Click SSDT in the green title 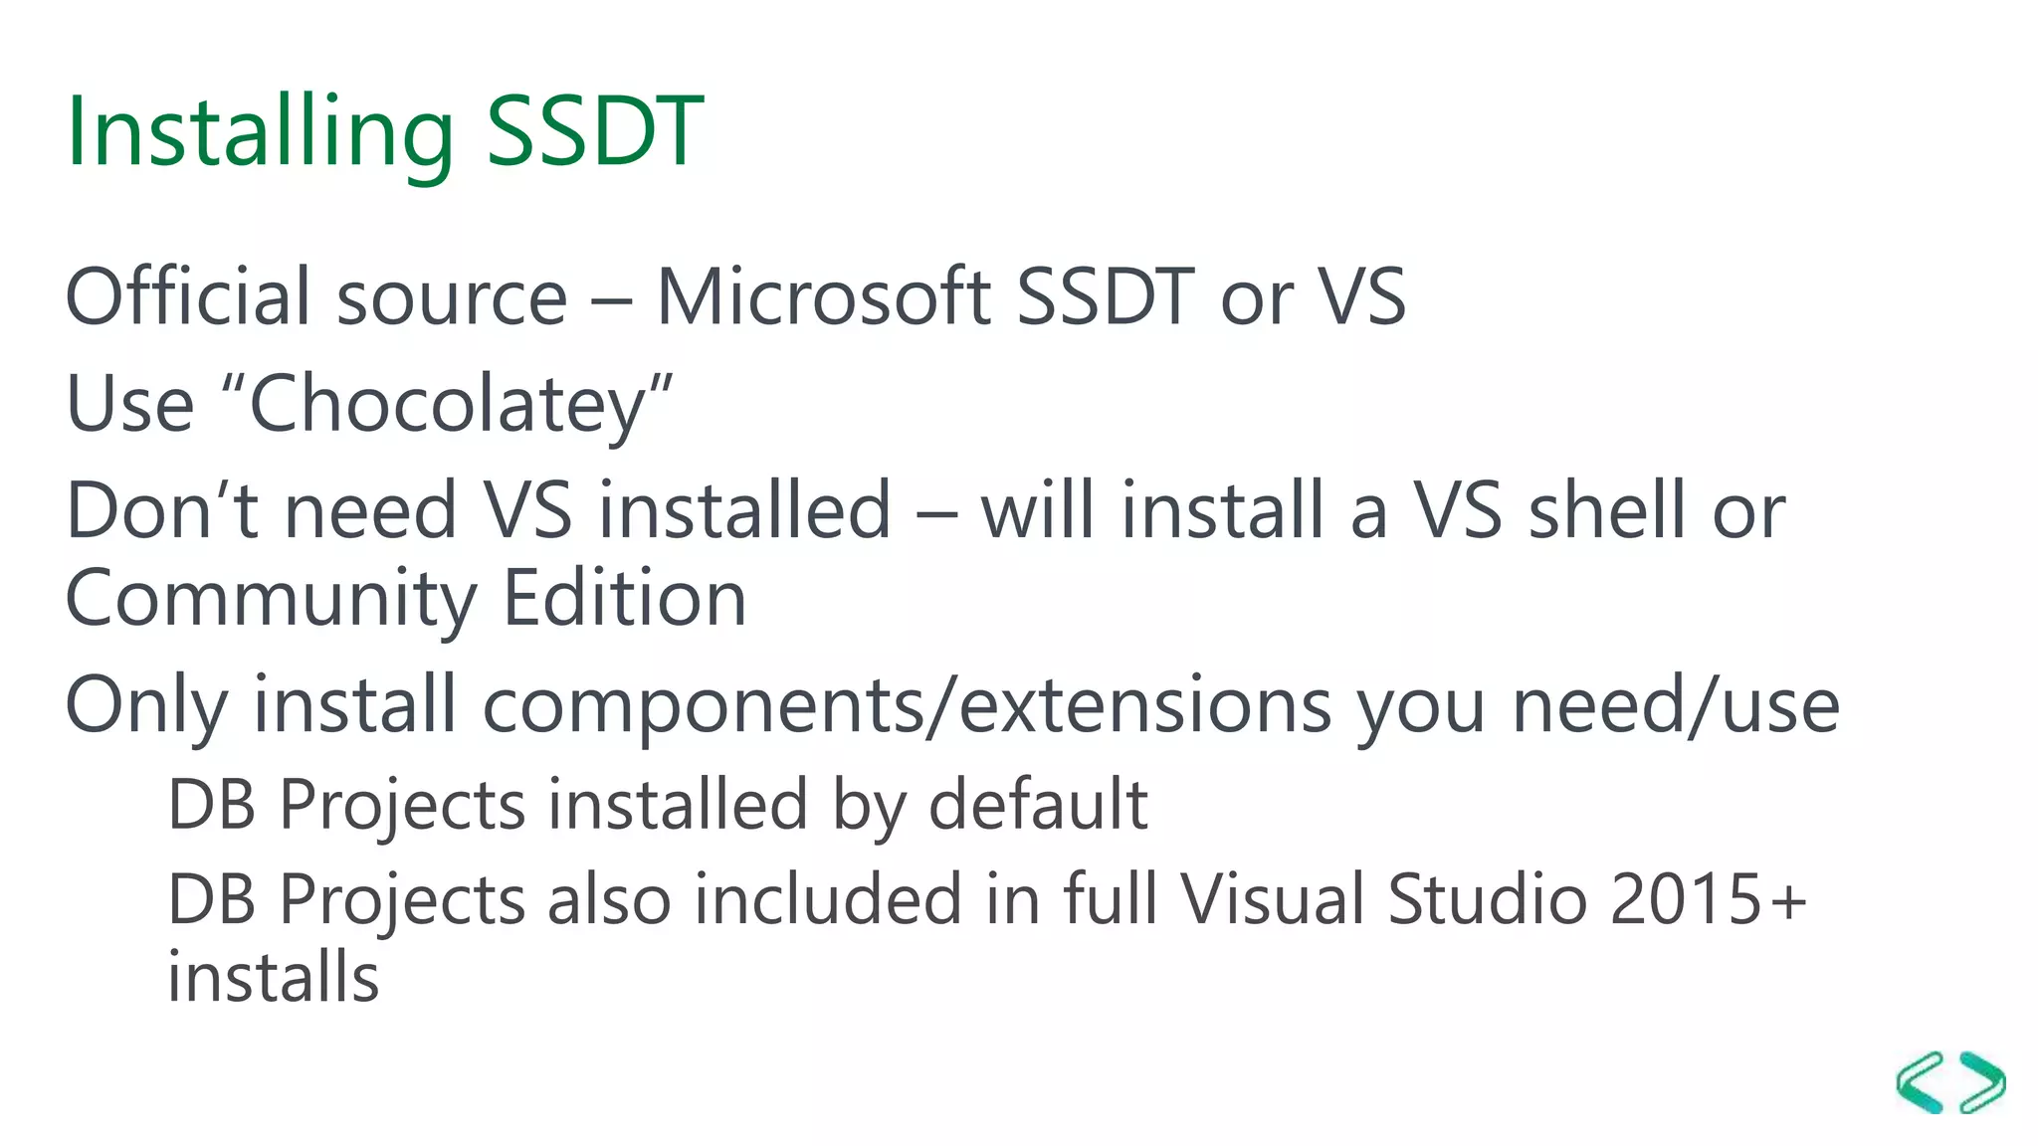pos(595,131)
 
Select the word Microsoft pos(824,296)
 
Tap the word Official pos(189,296)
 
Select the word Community pos(271,600)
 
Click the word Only pos(146,705)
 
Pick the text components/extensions pos(907,705)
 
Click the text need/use pos(1676,705)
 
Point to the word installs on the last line pos(273,977)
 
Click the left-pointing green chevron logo pos(1922,1082)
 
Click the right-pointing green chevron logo pos(1982,1082)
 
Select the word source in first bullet pos(452,298)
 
